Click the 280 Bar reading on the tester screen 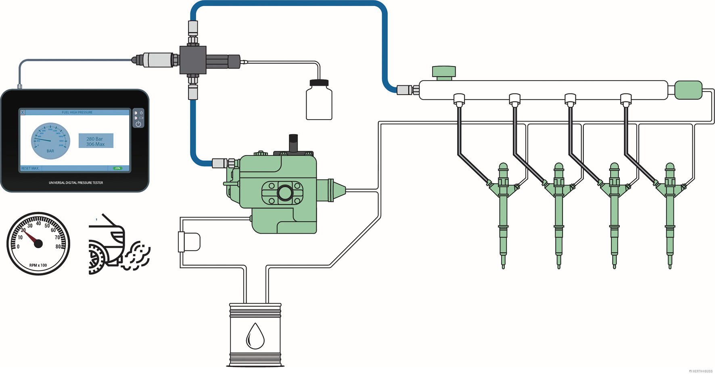95,139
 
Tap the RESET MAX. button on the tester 30,168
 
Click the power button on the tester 138,124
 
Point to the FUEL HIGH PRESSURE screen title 77,112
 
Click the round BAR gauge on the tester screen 50,141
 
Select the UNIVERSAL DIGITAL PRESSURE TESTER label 76,183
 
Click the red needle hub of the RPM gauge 38,243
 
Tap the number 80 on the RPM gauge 58,247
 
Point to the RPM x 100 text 38,265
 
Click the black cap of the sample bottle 319,83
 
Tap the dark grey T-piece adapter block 193,60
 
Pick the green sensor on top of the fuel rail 444,72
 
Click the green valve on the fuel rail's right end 688,90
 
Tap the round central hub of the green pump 285,193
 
